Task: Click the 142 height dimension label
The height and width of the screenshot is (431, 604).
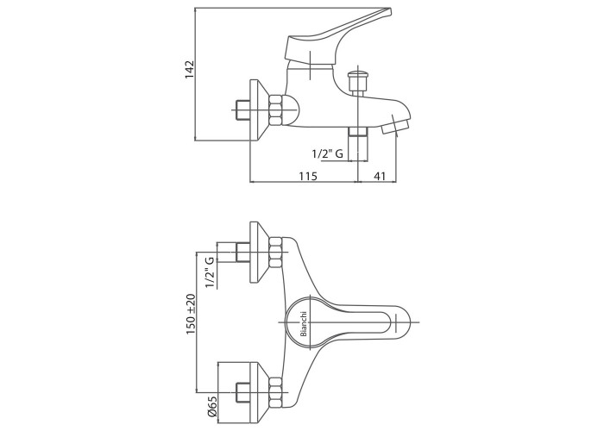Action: pos(191,69)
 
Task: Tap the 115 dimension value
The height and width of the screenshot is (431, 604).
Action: pos(308,176)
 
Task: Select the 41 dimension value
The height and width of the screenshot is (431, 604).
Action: pos(380,176)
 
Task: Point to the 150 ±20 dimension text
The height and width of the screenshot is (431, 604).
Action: pos(191,314)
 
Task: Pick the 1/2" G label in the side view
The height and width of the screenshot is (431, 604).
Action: pos(327,154)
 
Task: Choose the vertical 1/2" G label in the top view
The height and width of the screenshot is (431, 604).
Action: pos(210,272)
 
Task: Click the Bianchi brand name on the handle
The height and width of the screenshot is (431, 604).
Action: pos(304,323)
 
